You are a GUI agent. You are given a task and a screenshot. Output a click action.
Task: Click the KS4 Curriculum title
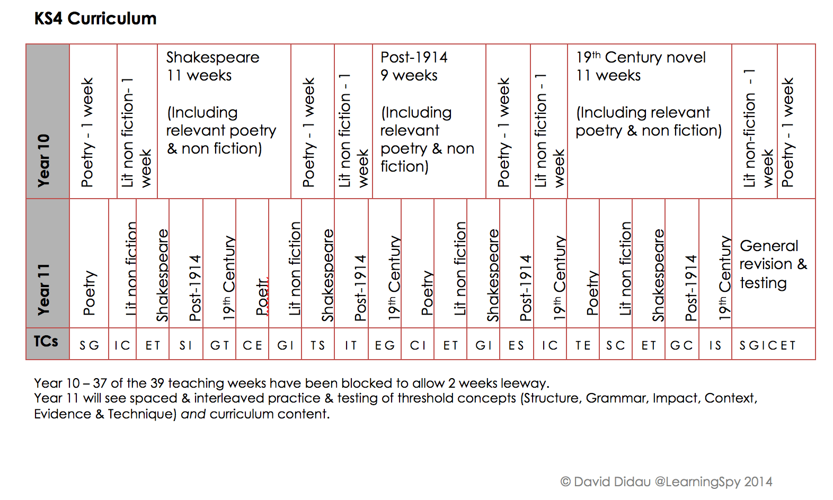[95, 19]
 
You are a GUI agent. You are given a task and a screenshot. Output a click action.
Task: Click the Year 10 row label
[43, 160]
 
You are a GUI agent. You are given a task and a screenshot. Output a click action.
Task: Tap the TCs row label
[46, 342]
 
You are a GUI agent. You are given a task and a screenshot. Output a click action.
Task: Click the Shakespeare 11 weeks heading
[212, 66]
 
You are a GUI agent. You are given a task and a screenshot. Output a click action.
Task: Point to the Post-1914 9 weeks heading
[414, 66]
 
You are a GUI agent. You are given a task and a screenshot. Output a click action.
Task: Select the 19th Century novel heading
[641, 57]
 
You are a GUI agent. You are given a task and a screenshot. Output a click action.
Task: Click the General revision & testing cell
[773, 264]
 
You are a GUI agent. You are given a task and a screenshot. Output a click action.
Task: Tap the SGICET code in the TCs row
[767, 345]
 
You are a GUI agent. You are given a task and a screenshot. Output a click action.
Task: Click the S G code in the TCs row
[89, 345]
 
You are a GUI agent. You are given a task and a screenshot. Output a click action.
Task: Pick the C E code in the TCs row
[252, 345]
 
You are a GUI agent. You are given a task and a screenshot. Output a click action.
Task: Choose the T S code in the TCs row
[317, 345]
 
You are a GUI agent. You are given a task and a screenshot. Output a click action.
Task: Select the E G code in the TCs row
[385, 345]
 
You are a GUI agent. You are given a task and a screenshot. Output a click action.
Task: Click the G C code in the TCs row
[681, 345]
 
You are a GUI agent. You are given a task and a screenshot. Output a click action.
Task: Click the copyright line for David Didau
[666, 481]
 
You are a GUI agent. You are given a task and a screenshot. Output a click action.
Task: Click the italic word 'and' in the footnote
[193, 414]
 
